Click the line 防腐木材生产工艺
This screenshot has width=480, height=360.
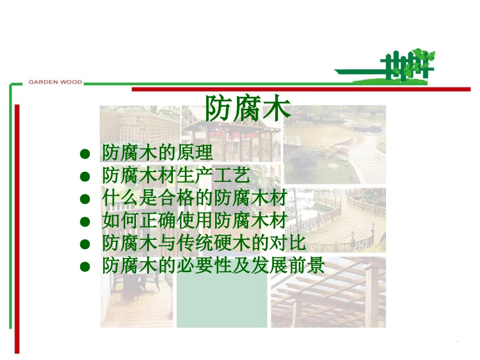176,176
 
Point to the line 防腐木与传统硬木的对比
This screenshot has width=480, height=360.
204,243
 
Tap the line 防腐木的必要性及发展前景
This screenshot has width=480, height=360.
213,266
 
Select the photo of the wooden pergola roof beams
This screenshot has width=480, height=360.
328,298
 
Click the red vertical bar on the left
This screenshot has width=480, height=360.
17,227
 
